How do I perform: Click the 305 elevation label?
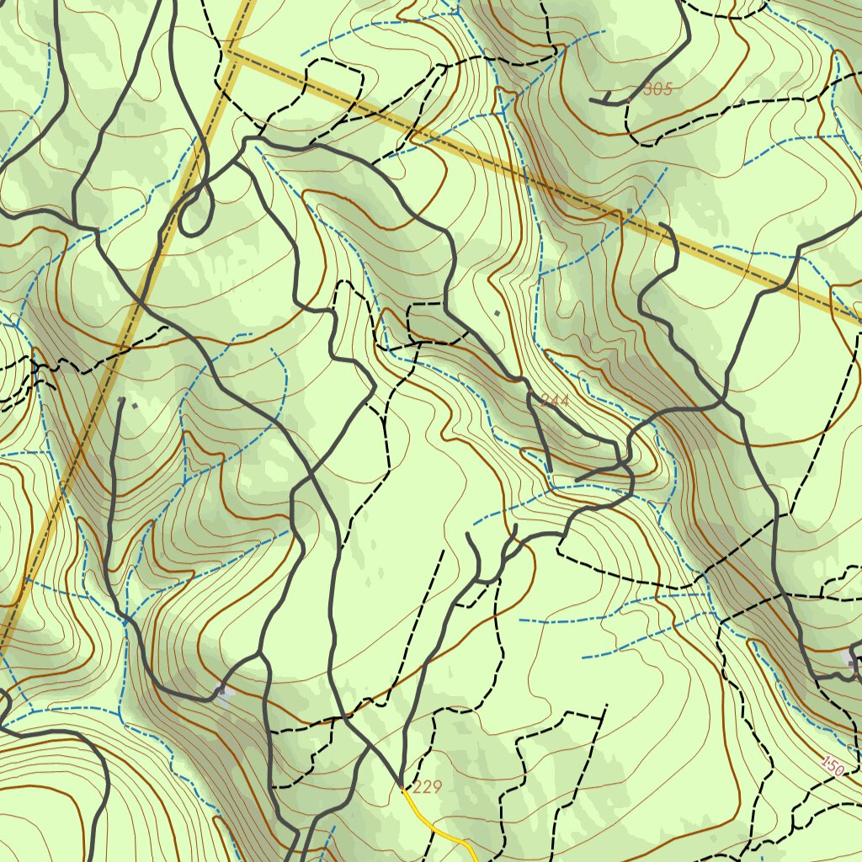pyautogui.click(x=657, y=89)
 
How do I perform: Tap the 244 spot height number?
pyautogui.click(x=555, y=402)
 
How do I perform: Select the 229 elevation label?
pyautogui.click(x=428, y=788)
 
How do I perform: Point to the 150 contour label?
pyautogui.click(x=832, y=765)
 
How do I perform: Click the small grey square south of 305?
pyautogui.click(x=630, y=211)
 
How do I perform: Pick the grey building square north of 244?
pyautogui.click(x=498, y=313)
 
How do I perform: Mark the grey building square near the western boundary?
pyautogui.click(x=134, y=405)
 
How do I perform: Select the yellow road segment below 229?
pyautogui.click(x=438, y=829)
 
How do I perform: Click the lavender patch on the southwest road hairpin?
pyautogui.click(x=221, y=693)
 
